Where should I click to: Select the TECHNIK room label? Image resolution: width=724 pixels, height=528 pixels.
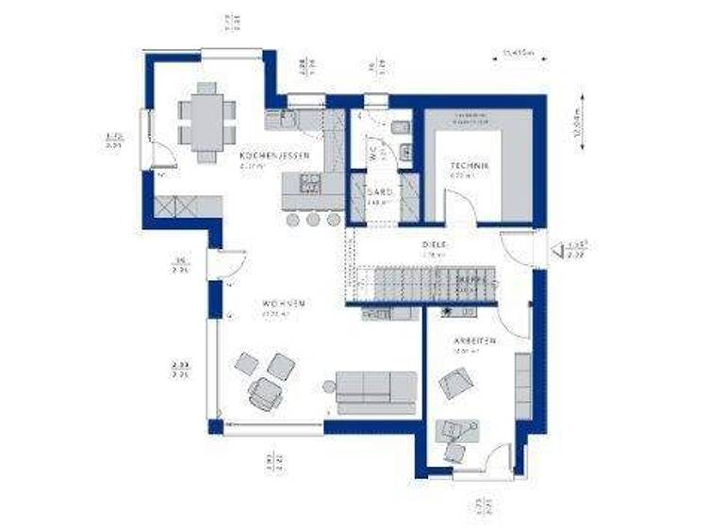coord(469,166)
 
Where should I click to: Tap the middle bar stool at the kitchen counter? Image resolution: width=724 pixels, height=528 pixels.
coord(313,219)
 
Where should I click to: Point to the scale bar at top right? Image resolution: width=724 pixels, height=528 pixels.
coord(514,60)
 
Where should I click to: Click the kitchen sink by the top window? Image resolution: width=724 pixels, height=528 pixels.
coord(287,118)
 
